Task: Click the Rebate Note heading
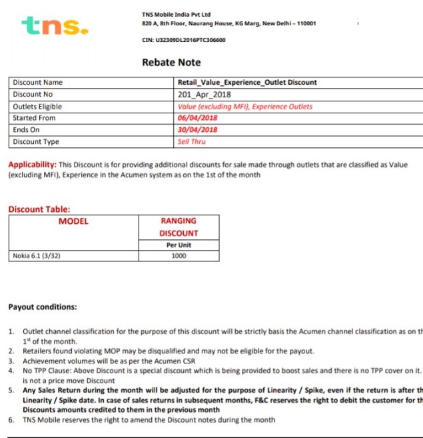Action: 171,62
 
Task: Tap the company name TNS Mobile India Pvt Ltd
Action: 176,14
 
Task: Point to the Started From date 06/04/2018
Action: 198,118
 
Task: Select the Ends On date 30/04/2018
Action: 198,130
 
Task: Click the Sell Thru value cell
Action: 192,142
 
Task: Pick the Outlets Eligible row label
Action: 37,107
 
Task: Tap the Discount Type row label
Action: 36,142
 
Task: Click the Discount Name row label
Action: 38,83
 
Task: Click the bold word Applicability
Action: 32,165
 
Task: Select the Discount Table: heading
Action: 39,209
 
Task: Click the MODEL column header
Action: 73,221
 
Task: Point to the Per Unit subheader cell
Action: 179,245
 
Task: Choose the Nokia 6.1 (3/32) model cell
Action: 37,255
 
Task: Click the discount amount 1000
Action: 179,255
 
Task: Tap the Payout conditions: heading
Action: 42,307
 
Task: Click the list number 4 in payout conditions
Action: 11,369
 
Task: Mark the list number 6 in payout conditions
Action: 11,420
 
